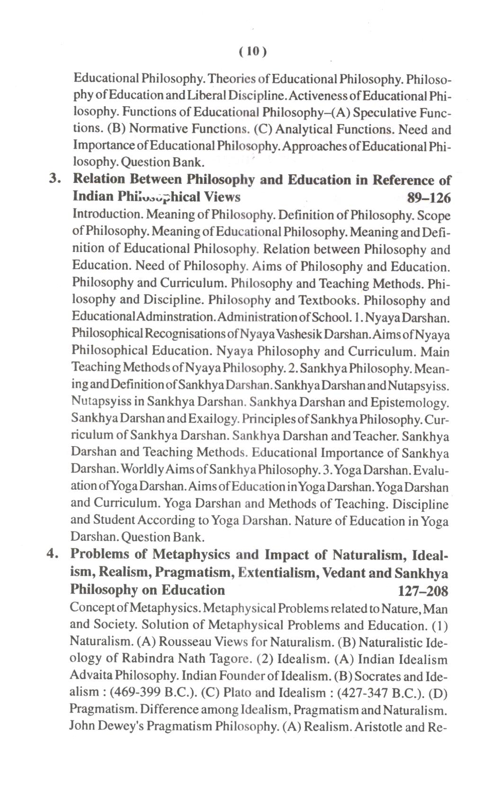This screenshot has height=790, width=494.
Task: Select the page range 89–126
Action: [428, 197]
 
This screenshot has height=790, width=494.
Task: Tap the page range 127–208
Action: [423, 591]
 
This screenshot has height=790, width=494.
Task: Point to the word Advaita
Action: [90, 676]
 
